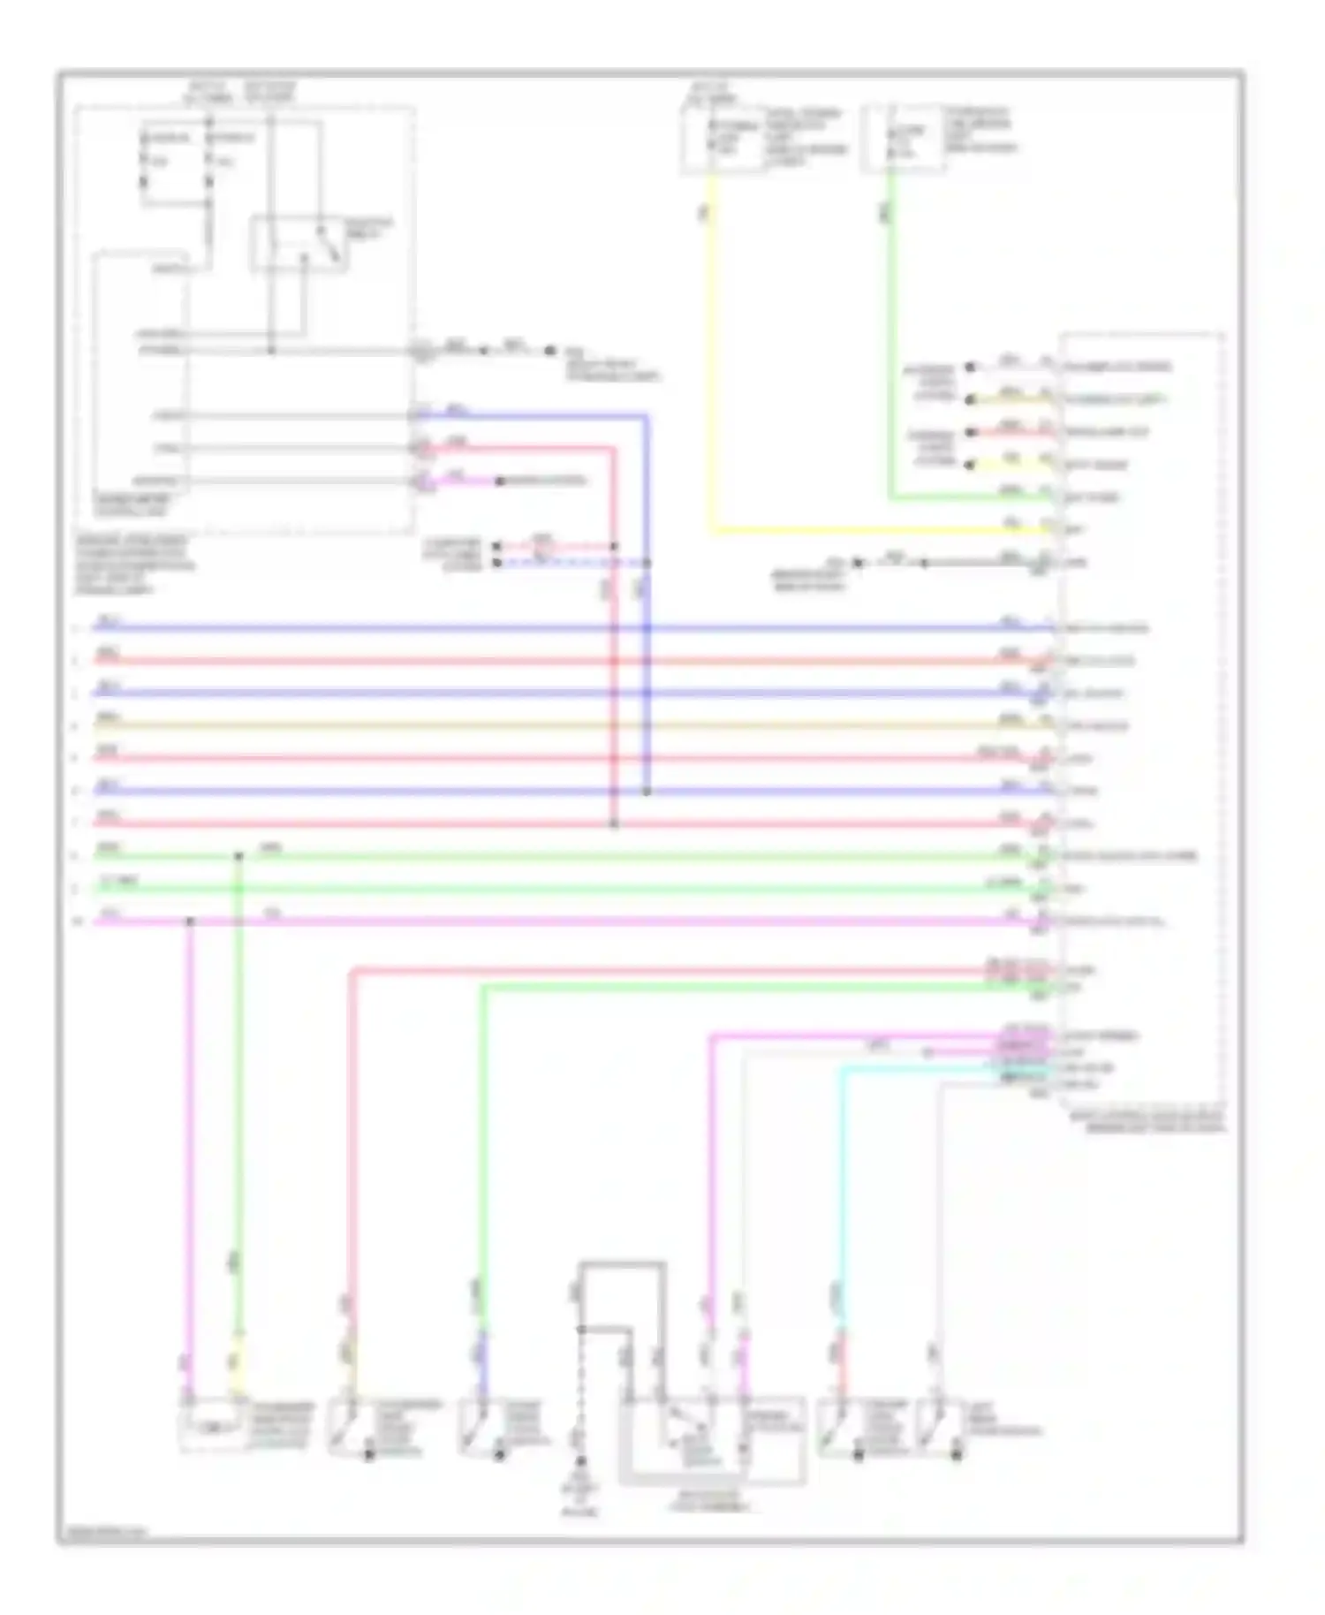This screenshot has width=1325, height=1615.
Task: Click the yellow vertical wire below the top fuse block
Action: pyautogui.click(x=712, y=353)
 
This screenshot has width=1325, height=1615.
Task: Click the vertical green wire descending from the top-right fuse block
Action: pyautogui.click(x=890, y=336)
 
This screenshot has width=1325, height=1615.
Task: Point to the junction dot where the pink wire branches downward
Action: pyautogui.click(x=190, y=921)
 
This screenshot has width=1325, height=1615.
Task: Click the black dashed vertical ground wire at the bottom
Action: pyautogui.click(x=580, y=1387)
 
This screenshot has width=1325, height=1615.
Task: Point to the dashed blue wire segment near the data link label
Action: pyautogui.click(x=565, y=563)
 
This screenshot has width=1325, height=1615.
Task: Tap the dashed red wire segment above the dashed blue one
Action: pyautogui.click(x=565, y=547)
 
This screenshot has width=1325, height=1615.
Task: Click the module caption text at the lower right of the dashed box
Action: pyautogui.click(x=1148, y=1122)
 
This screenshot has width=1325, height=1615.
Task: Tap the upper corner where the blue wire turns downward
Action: pyautogui.click(x=647, y=415)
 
